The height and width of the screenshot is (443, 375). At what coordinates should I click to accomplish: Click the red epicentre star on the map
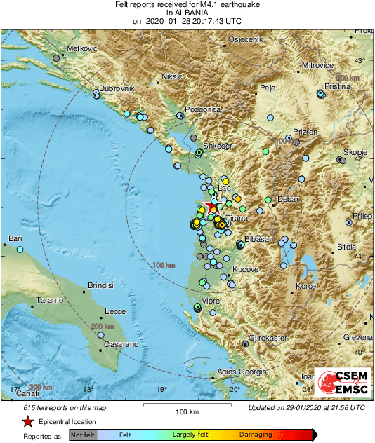[213, 207]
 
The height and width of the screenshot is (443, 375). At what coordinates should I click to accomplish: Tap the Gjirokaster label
[269, 337]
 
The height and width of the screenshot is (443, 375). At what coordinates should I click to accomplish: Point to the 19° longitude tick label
[161, 390]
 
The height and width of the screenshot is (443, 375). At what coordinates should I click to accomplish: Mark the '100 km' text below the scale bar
[187, 411]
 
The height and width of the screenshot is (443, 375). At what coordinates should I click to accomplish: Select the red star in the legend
[27, 422]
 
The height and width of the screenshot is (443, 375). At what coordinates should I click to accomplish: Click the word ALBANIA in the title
[187, 13]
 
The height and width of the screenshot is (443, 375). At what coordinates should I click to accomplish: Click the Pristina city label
[336, 83]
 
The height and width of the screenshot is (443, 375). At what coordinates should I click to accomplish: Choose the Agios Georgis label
[242, 371]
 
